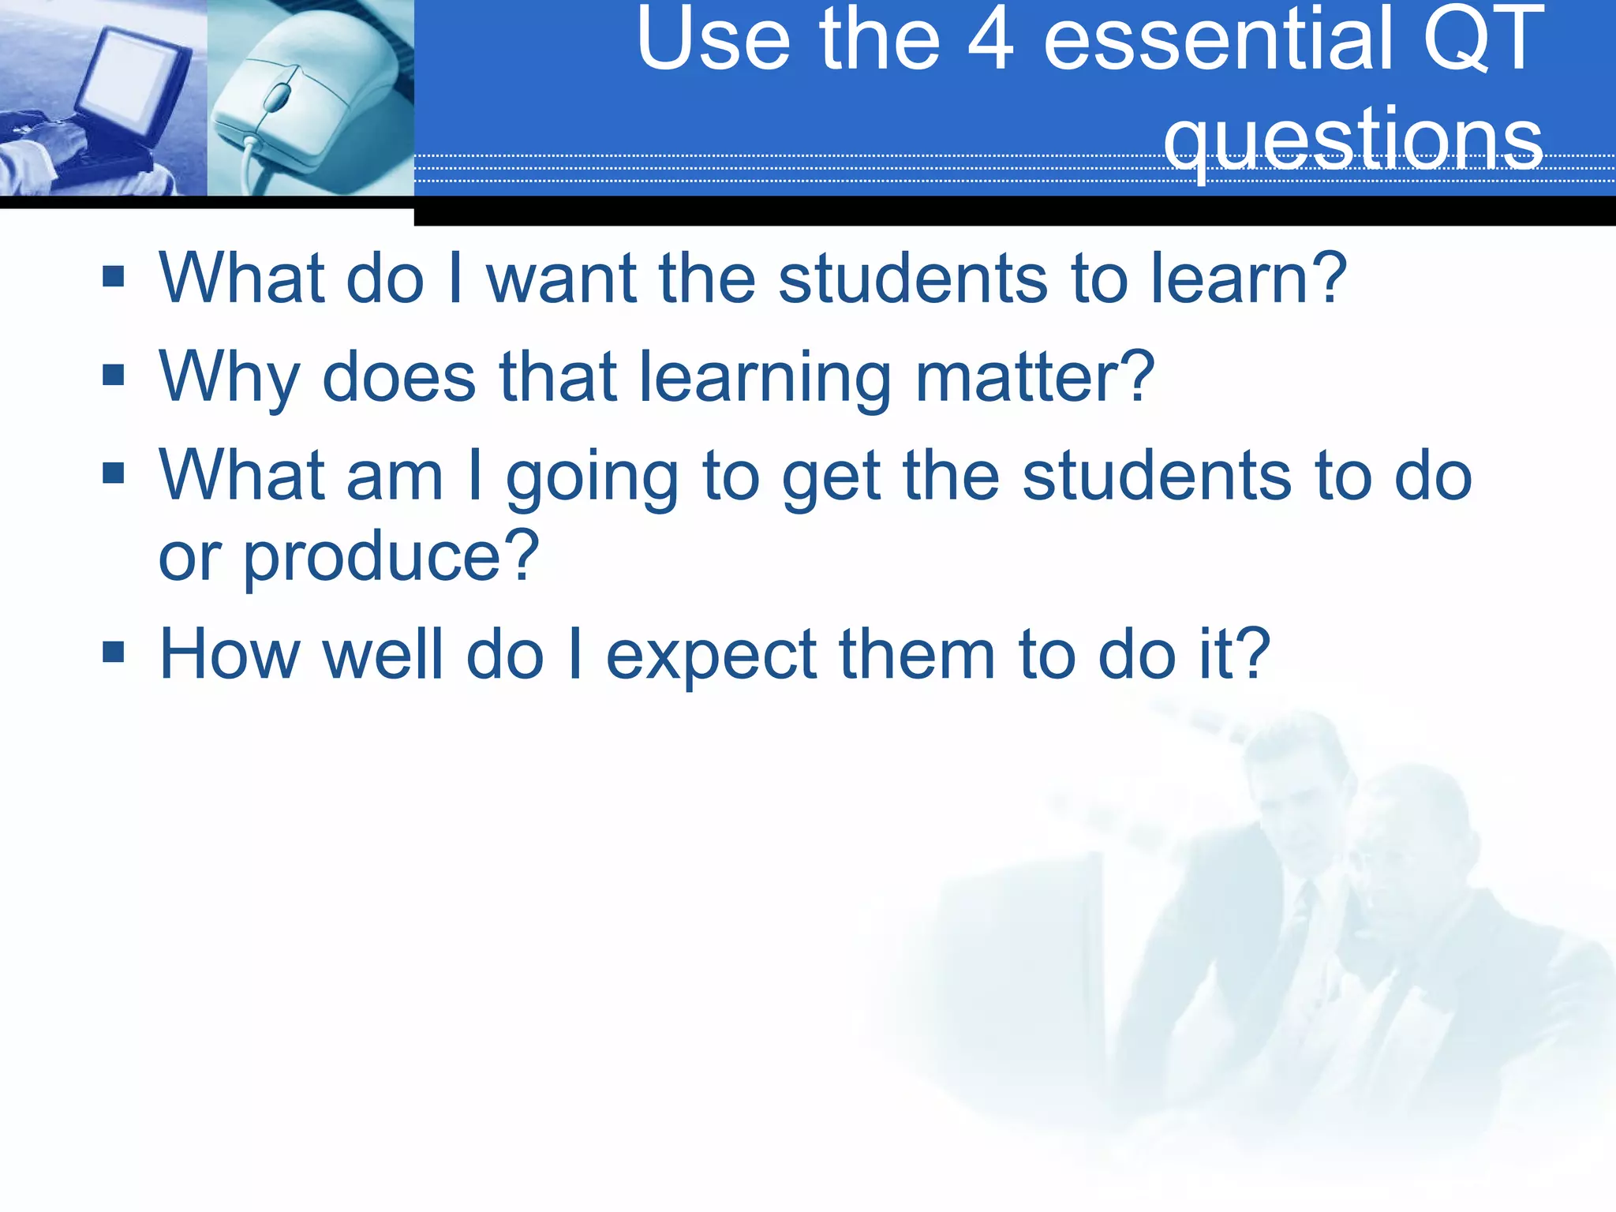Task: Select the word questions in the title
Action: point(1352,139)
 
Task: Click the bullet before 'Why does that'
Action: point(114,375)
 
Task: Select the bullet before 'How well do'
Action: point(114,652)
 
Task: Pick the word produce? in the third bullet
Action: point(390,557)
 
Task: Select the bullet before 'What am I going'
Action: point(114,473)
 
